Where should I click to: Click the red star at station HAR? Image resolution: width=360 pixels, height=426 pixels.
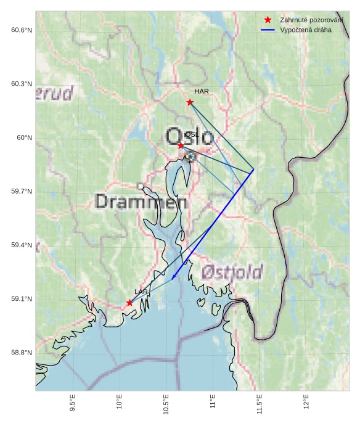(x=190, y=102)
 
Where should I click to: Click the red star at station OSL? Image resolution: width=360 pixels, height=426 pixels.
(x=181, y=145)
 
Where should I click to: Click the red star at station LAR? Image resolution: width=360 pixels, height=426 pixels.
(x=129, y=303)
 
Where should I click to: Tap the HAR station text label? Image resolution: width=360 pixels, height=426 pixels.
(x=202, y=91)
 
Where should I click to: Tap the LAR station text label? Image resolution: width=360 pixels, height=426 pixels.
(x=141, y=292)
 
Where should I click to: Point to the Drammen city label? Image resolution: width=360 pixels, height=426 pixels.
(x=142, y=202)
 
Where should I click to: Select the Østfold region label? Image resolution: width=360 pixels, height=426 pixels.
(x=232, y=272)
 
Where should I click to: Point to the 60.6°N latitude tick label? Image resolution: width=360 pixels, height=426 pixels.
(x=21, y=30)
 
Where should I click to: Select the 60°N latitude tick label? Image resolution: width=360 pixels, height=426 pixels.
(x=24, y=138)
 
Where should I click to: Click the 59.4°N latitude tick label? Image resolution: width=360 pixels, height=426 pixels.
(x=21, y=245)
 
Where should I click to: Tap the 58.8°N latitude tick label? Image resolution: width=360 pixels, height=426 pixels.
(x=21, y=353)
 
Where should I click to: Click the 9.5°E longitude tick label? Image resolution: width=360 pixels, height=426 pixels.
(x=73, y=404)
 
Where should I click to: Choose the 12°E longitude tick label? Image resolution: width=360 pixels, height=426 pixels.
(x=306, y=403)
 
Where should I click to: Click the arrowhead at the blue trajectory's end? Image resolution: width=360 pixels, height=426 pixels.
(x=173, y=278)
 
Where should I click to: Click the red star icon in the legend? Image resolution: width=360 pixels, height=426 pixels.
(x=268, y=20)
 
